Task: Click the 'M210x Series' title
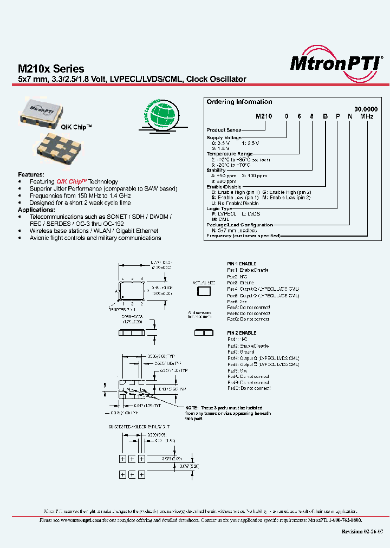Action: (x=51, y=69)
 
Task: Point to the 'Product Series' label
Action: (x=224, y=130)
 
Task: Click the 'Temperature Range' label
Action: (x=230, y=153)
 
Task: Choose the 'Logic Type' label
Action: (x=219, y=208)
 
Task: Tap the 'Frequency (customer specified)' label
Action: (x=243, y=236)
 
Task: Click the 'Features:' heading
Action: (x=30, y=174)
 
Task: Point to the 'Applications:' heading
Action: (x=36, y=210)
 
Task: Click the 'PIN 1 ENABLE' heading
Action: (x=242, y=264)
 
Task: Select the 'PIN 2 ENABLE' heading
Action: (x=242, y=332)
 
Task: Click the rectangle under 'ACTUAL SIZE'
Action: (x=204, y=292)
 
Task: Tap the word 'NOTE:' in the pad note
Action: (x=192, y=408)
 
